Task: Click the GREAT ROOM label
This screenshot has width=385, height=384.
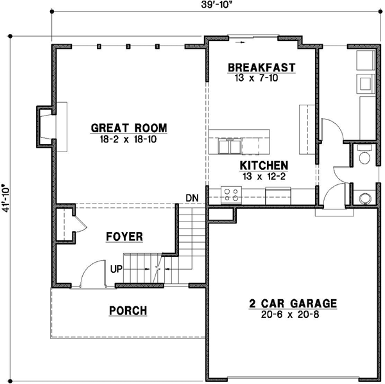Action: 129,127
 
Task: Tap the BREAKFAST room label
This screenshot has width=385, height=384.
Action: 261,67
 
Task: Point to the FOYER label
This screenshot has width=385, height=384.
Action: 124,237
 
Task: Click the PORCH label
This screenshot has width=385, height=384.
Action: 128,311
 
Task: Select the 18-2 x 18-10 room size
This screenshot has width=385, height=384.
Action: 129,138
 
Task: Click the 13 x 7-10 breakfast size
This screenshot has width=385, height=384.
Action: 261,78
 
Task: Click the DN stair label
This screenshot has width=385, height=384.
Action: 191,196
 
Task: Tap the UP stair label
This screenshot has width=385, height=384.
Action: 116,268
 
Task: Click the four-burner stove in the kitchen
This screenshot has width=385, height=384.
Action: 232,194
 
